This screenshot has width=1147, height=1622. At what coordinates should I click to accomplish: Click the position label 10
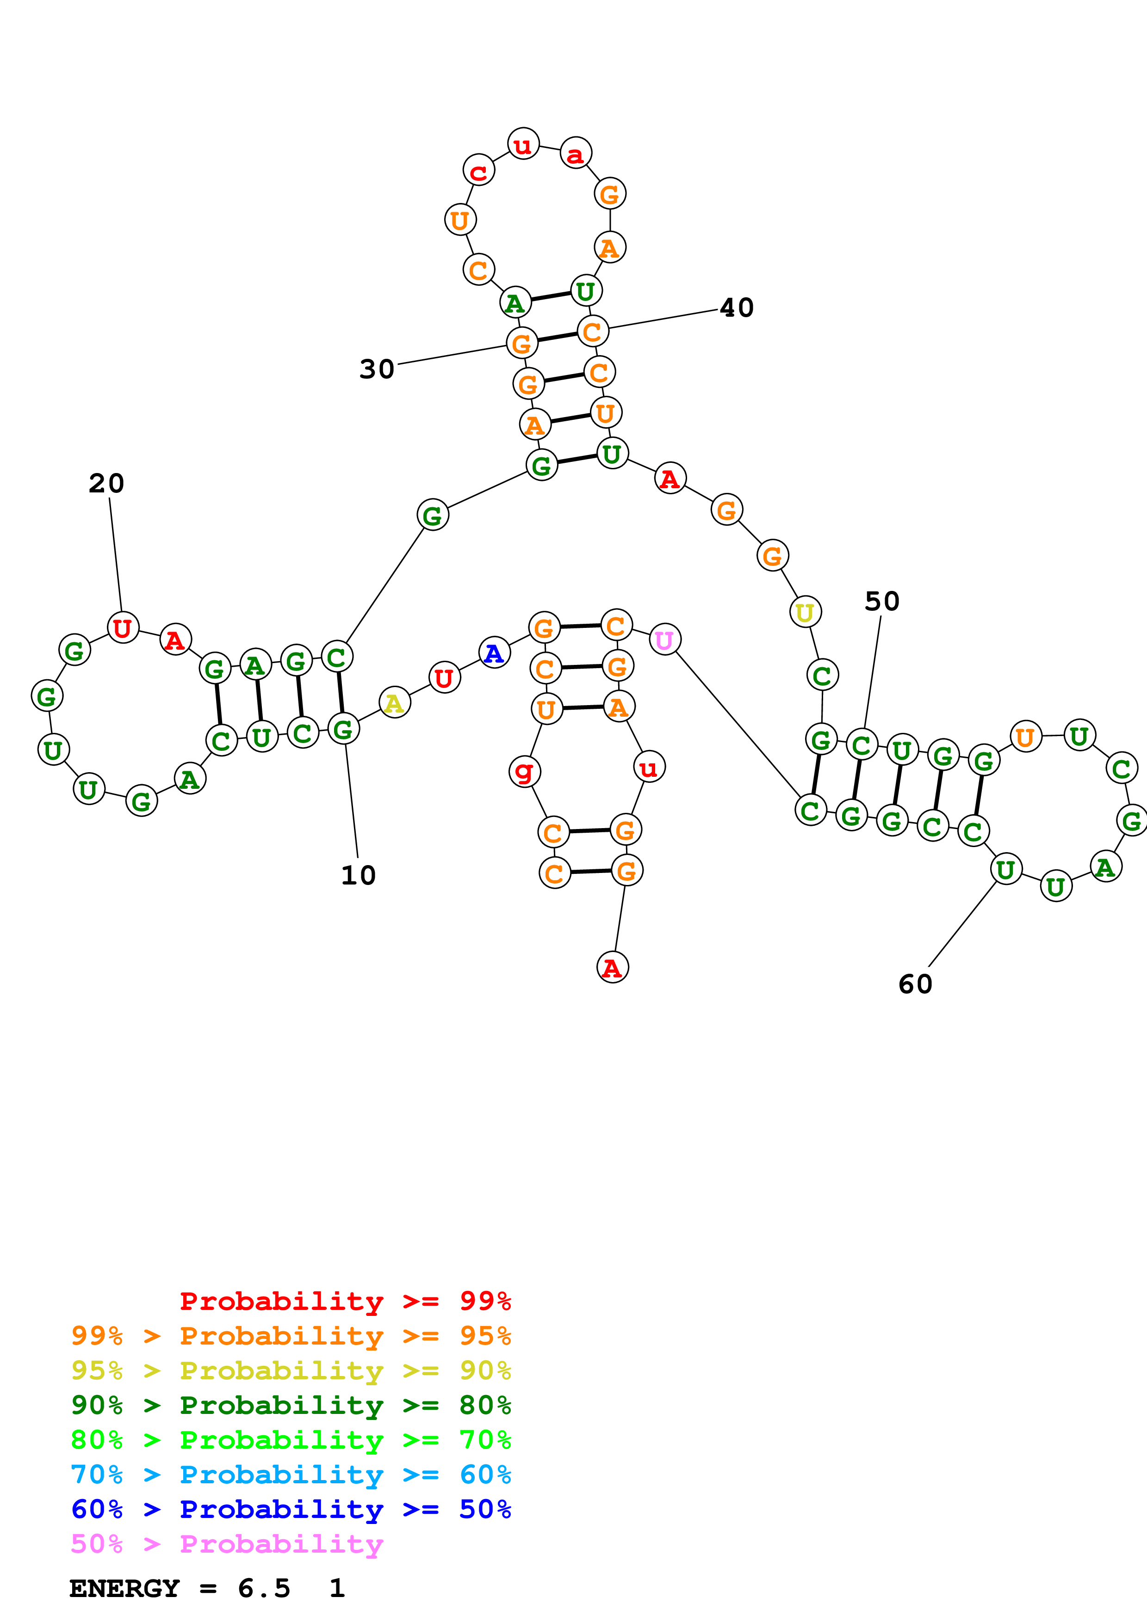[358, 875]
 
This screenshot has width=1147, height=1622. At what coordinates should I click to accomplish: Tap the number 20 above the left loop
[107, 484]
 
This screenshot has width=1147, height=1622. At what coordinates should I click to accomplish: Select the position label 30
[377, 369]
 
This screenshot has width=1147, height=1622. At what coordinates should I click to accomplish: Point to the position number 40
[737, 308]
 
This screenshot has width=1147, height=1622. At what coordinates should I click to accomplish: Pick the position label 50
[882, 602]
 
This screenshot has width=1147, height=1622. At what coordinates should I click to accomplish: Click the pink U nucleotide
[664, 640]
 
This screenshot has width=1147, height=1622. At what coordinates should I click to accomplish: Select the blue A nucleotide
[494, 653]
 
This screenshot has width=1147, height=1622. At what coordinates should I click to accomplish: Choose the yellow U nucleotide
[804, 613]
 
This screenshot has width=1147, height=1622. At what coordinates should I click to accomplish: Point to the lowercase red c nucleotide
[478, 171]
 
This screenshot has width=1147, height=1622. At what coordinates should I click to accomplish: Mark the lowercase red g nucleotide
[524, 771]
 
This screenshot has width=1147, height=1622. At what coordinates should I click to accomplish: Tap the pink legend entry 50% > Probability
[227, 1544]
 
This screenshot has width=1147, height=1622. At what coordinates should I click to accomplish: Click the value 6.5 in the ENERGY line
[264, 1589]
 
